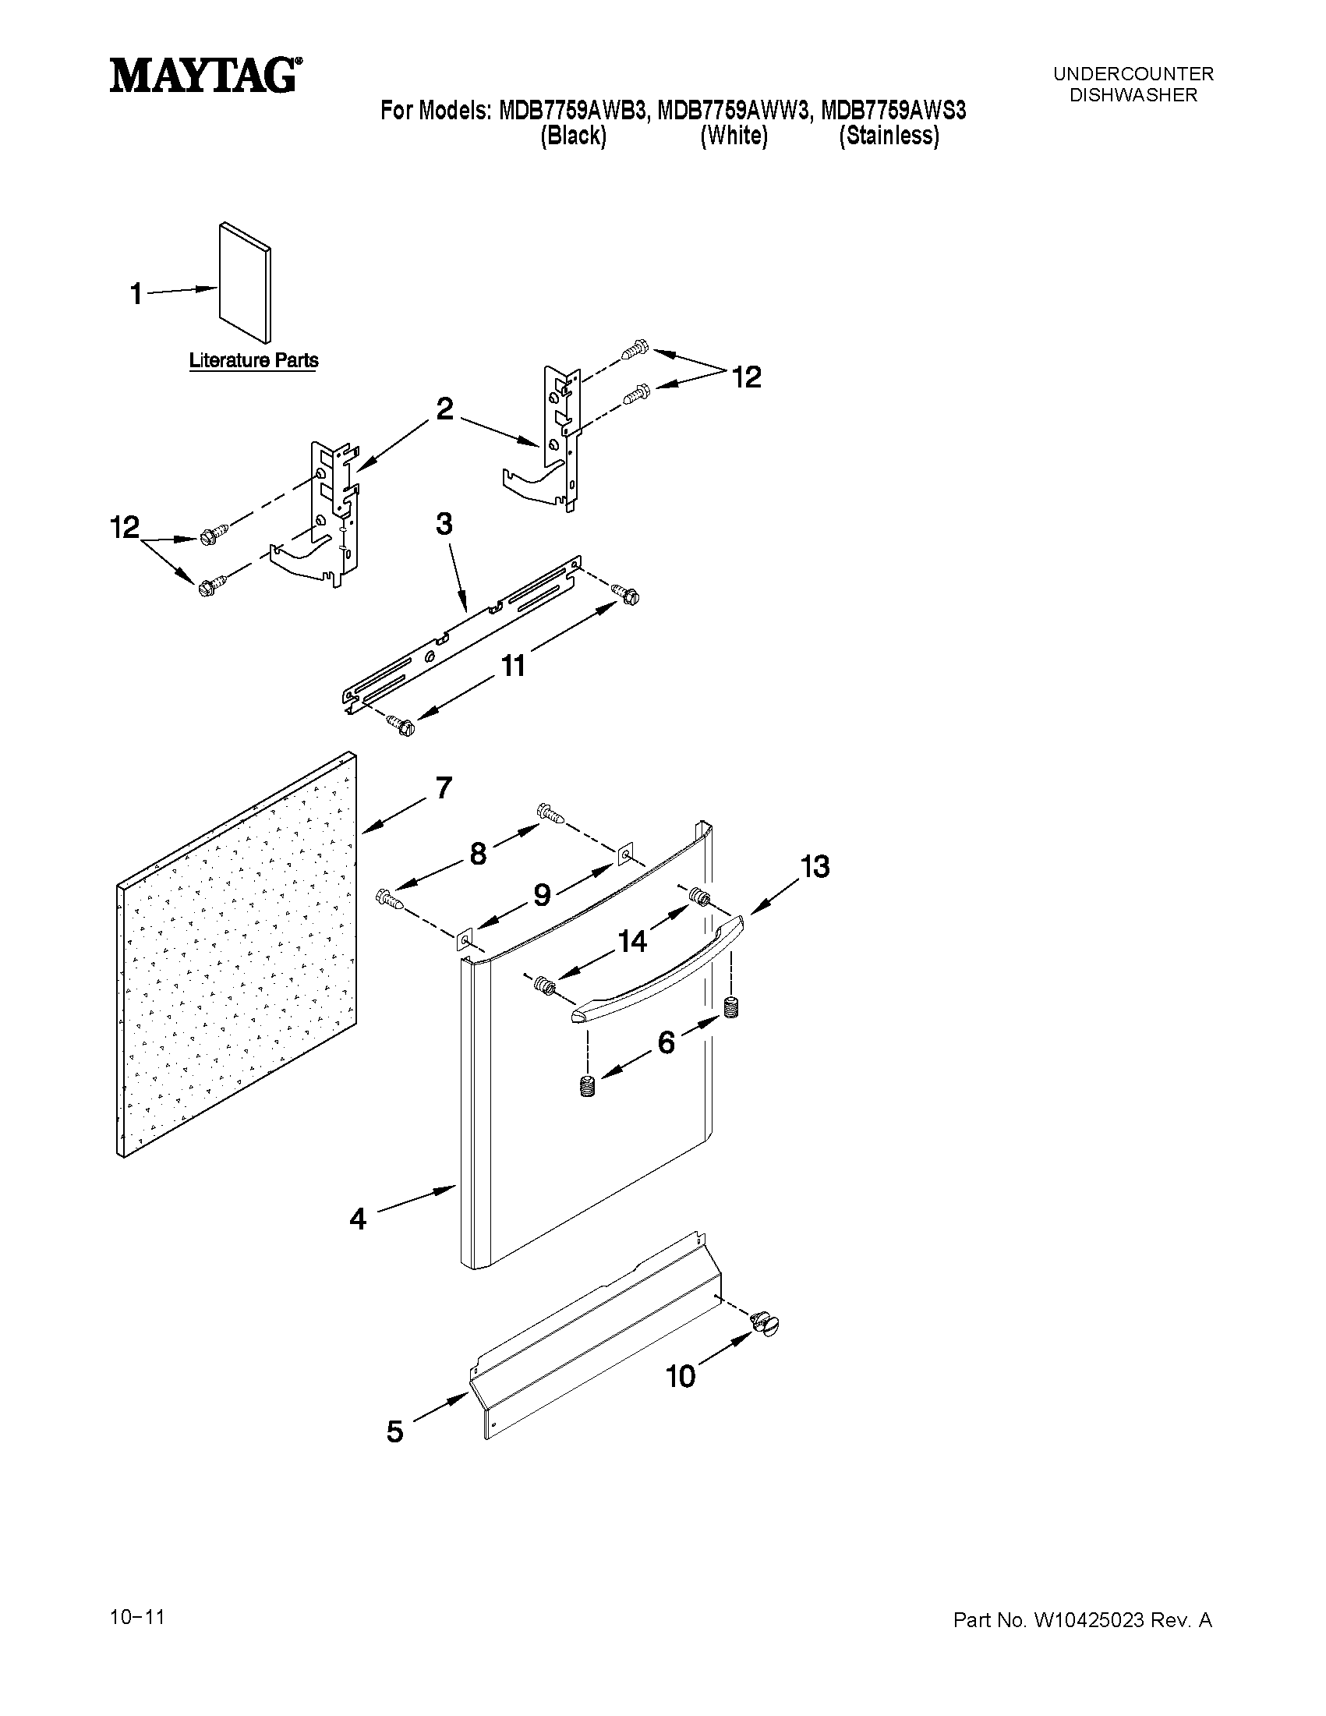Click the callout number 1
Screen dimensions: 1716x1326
pos(136,295)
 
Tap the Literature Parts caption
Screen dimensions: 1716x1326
pos(253,361)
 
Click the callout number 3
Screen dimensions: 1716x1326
pos(444,524)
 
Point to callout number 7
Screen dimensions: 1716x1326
pos(443,787)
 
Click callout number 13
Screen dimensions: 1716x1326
pos(815,867)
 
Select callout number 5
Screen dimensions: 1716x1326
pos(394,1431)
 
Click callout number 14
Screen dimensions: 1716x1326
pos(633,940)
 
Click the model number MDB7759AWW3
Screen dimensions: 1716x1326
pos(732,111)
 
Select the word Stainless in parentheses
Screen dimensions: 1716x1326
pos(889,136)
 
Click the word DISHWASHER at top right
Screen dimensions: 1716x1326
pos(1133,95)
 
